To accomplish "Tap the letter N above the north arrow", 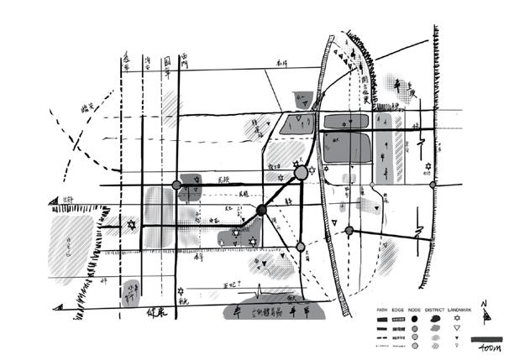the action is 485,306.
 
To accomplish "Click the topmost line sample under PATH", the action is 383,320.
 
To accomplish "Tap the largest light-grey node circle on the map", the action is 302,173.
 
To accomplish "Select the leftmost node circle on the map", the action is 176,185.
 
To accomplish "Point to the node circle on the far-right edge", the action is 433,185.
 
